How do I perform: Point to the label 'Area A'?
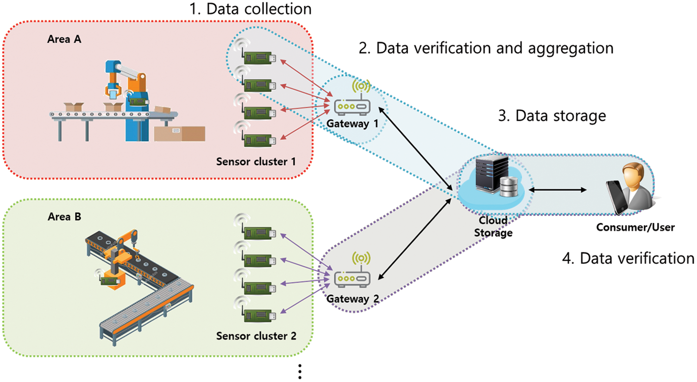point(64,39)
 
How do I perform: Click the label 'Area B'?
point(64,217)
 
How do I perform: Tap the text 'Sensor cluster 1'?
point(256,162)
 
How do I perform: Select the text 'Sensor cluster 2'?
point(256,336)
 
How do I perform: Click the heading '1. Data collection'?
point(251,9)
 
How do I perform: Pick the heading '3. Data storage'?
point(552,116)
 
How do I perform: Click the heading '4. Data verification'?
point(628,258)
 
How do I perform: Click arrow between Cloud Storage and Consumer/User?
point(558,190)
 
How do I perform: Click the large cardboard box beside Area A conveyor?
point(180,133)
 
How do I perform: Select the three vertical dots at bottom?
point(300,372)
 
